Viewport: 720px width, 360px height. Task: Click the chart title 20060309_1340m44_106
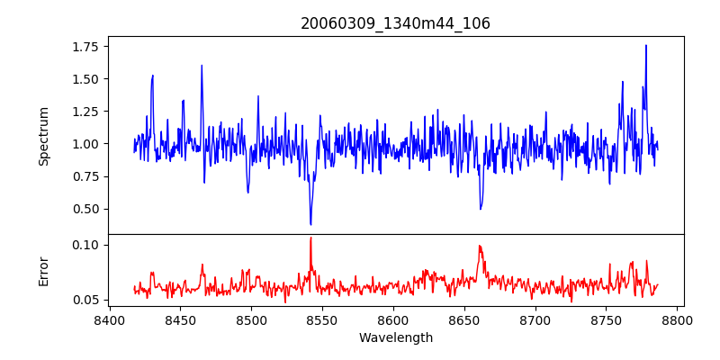(x=395, y=23)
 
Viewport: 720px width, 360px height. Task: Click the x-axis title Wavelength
(x=395, y=338)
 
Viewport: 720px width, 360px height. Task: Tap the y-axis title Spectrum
(x=44, y=136)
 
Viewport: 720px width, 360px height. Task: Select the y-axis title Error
(x=44, y=271)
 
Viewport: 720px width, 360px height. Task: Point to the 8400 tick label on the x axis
(x=109, y=319)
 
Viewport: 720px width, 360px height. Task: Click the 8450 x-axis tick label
(x=180, y=319)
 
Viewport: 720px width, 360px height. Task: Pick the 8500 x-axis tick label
(x=251, y=319)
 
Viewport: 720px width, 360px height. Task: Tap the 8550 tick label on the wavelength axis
(x=322, y=319)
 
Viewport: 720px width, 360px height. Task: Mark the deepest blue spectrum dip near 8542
(x=310, y=224)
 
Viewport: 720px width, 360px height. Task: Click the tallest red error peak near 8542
(x=310, y=238)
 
